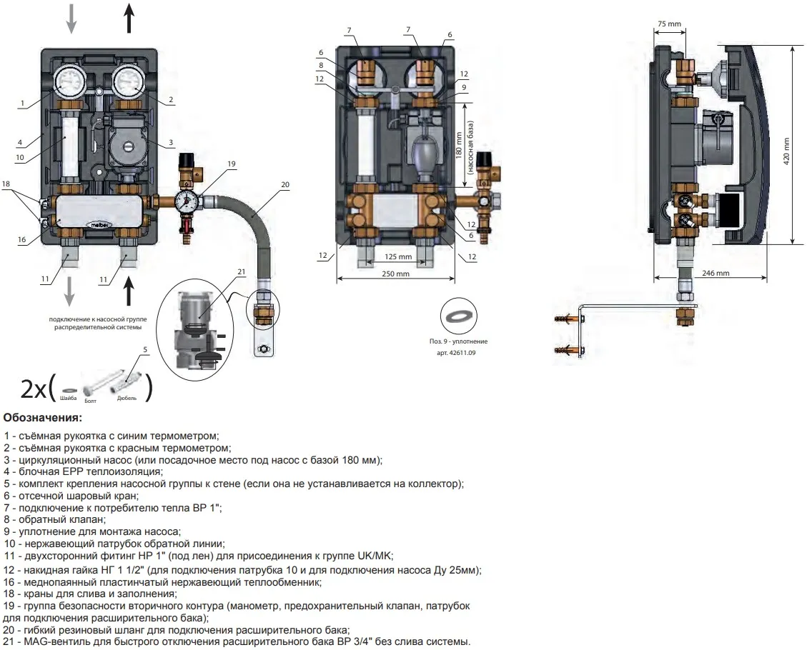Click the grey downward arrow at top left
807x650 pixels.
(x=71, y=19)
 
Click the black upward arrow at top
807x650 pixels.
(x=129, y=19)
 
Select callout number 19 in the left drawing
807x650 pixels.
(x=231, y=164)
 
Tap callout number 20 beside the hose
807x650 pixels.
(x=284, y=184)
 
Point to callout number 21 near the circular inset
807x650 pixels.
(x=241, y=271)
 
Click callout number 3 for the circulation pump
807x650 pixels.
(x=171, y=144)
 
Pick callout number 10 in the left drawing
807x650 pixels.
(x=20, y=157)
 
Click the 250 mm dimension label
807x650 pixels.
(x=395, y=274)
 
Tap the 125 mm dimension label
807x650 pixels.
(x=397, y=256)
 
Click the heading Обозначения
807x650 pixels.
(x=42, y=417)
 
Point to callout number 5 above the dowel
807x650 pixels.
(x=145, y=349)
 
